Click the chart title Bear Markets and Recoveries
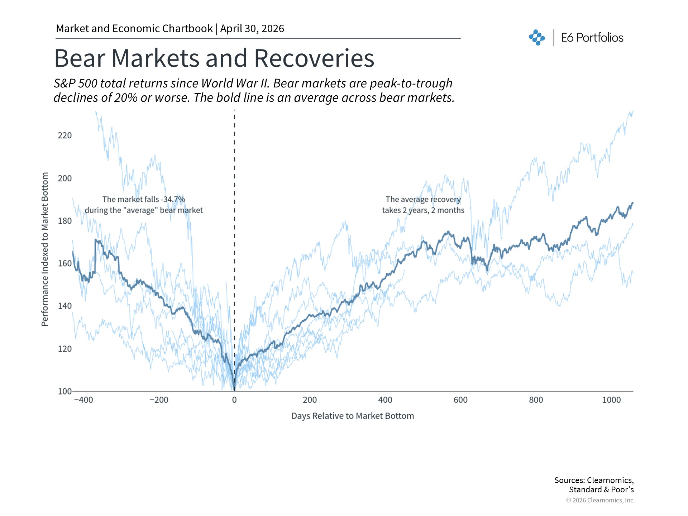click(214, 58)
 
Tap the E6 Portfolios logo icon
click(537, 38)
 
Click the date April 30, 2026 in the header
click(252, 29)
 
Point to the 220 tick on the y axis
click(65, 135)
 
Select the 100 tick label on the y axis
click(64, 391)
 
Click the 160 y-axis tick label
click(65, 263)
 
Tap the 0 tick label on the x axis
click(234, 400)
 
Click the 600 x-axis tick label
click(460, 400)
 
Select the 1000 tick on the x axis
click(611, 400)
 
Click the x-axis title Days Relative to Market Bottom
click(353, 416)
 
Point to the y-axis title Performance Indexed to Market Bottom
click(45, 249)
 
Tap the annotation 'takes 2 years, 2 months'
click(423, 210)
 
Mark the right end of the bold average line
click(632, 203)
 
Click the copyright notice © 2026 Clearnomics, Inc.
click(600, 500)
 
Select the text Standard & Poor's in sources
click(601, 490)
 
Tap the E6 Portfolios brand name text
click(592, 38)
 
